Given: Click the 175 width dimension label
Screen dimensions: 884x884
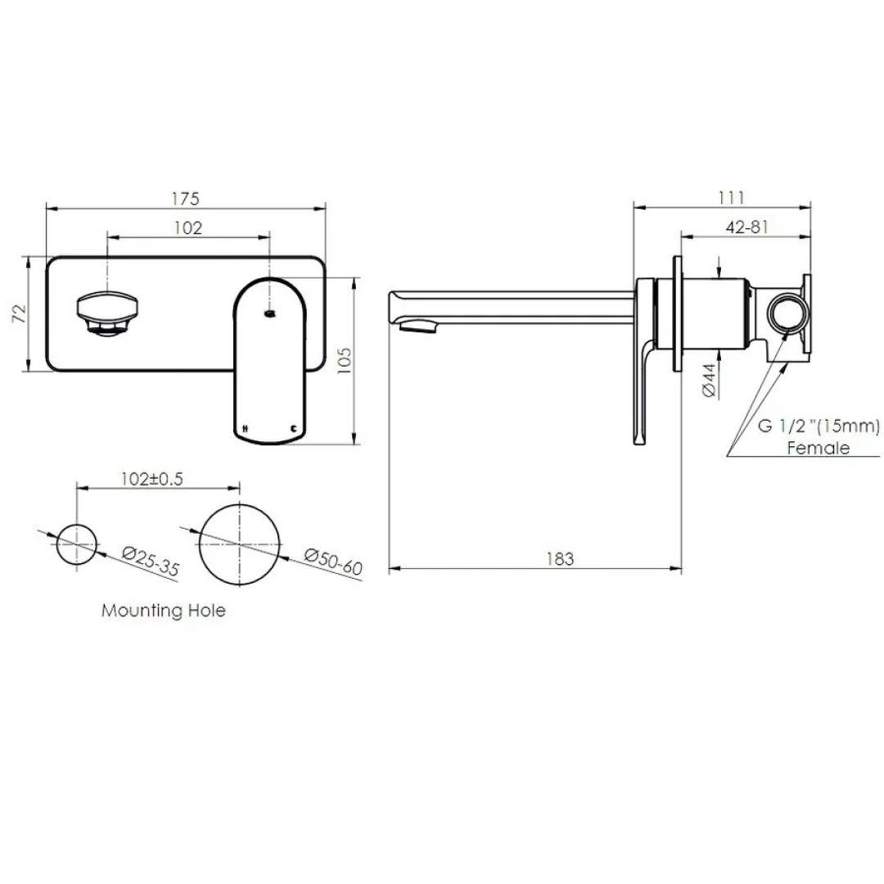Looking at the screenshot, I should (x=186, y=199).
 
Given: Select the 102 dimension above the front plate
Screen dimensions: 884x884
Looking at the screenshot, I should (x=188, y=228).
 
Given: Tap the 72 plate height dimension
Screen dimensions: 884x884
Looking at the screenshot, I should (x=21, y=314).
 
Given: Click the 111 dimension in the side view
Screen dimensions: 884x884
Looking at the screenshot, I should (x=731, y=197).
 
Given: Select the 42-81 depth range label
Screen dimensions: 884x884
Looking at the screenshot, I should (x=746, y=228).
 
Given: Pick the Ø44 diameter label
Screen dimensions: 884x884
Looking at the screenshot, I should (x=710, y=381).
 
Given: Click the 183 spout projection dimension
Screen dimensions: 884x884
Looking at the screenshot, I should (x=560, y=559).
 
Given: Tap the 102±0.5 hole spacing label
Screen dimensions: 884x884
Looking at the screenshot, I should (x=151, y=480).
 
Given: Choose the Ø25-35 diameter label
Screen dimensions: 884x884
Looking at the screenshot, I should (x=151, y=562).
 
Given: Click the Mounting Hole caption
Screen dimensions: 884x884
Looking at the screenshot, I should (x=164, y=611).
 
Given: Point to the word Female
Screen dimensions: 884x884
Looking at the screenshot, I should (x=818, y=448).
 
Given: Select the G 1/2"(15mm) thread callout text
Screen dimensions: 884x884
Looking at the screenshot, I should (x=819, y=426).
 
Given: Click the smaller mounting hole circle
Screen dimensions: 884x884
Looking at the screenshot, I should (x=76, y=542).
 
